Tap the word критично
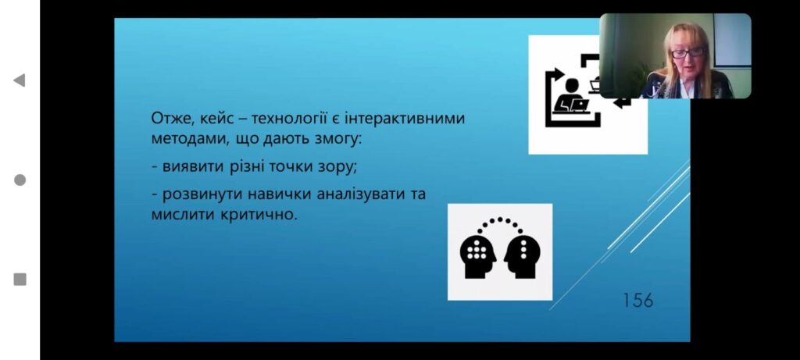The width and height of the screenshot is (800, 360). point(259,215)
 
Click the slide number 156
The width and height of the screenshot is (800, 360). point(637,300)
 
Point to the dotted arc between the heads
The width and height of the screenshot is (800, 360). point(500,219)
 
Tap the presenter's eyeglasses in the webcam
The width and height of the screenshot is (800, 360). point(687,52)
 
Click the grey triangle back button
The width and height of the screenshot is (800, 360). point(20,80)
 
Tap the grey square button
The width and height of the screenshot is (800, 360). point(20,280)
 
